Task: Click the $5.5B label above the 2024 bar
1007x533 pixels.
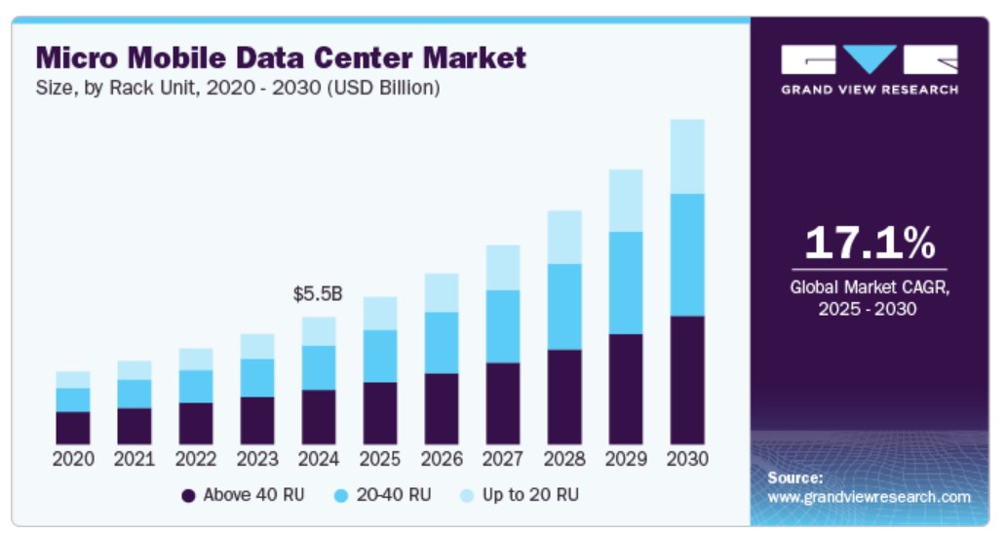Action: click(x=318, y=293)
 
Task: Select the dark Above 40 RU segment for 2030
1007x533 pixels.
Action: click(x=687, y=380)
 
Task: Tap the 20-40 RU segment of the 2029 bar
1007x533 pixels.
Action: click(x=626, y=283)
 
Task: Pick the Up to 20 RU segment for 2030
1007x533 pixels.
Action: click(x=687, y=156)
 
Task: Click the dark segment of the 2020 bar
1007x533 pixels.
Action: click(x=73, y=428)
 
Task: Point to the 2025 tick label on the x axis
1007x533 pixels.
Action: click(x=380, y=459)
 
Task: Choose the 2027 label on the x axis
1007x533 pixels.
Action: click(x=503, y=459)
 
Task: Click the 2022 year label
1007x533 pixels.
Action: click(x=196, y=459)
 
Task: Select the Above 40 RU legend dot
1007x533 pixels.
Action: click(x=189, y=496)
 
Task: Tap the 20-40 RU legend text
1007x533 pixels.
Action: click(x=393, y=495)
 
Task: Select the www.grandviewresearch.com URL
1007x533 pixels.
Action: click(x=869, y=497)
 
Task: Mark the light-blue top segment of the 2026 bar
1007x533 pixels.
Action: click(x=442, y=292)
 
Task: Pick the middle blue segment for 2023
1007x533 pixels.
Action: click(x=257, y=378)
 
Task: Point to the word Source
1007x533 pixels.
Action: click(x=794, y=477)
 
